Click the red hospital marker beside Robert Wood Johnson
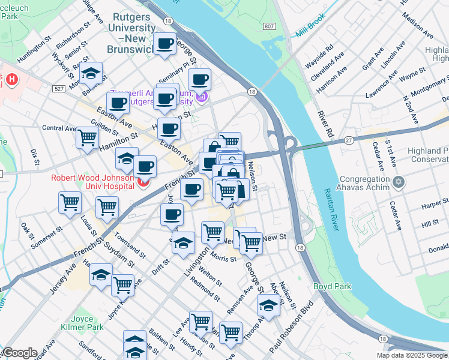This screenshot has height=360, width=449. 143,183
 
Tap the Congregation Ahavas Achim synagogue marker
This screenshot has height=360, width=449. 398,181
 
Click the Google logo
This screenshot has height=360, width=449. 19,353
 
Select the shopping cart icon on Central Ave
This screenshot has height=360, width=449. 88,138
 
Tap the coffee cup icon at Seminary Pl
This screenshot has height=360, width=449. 199,79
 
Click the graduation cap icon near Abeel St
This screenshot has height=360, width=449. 268,306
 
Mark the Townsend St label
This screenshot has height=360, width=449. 130,245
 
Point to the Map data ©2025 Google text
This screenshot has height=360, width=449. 411,355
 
